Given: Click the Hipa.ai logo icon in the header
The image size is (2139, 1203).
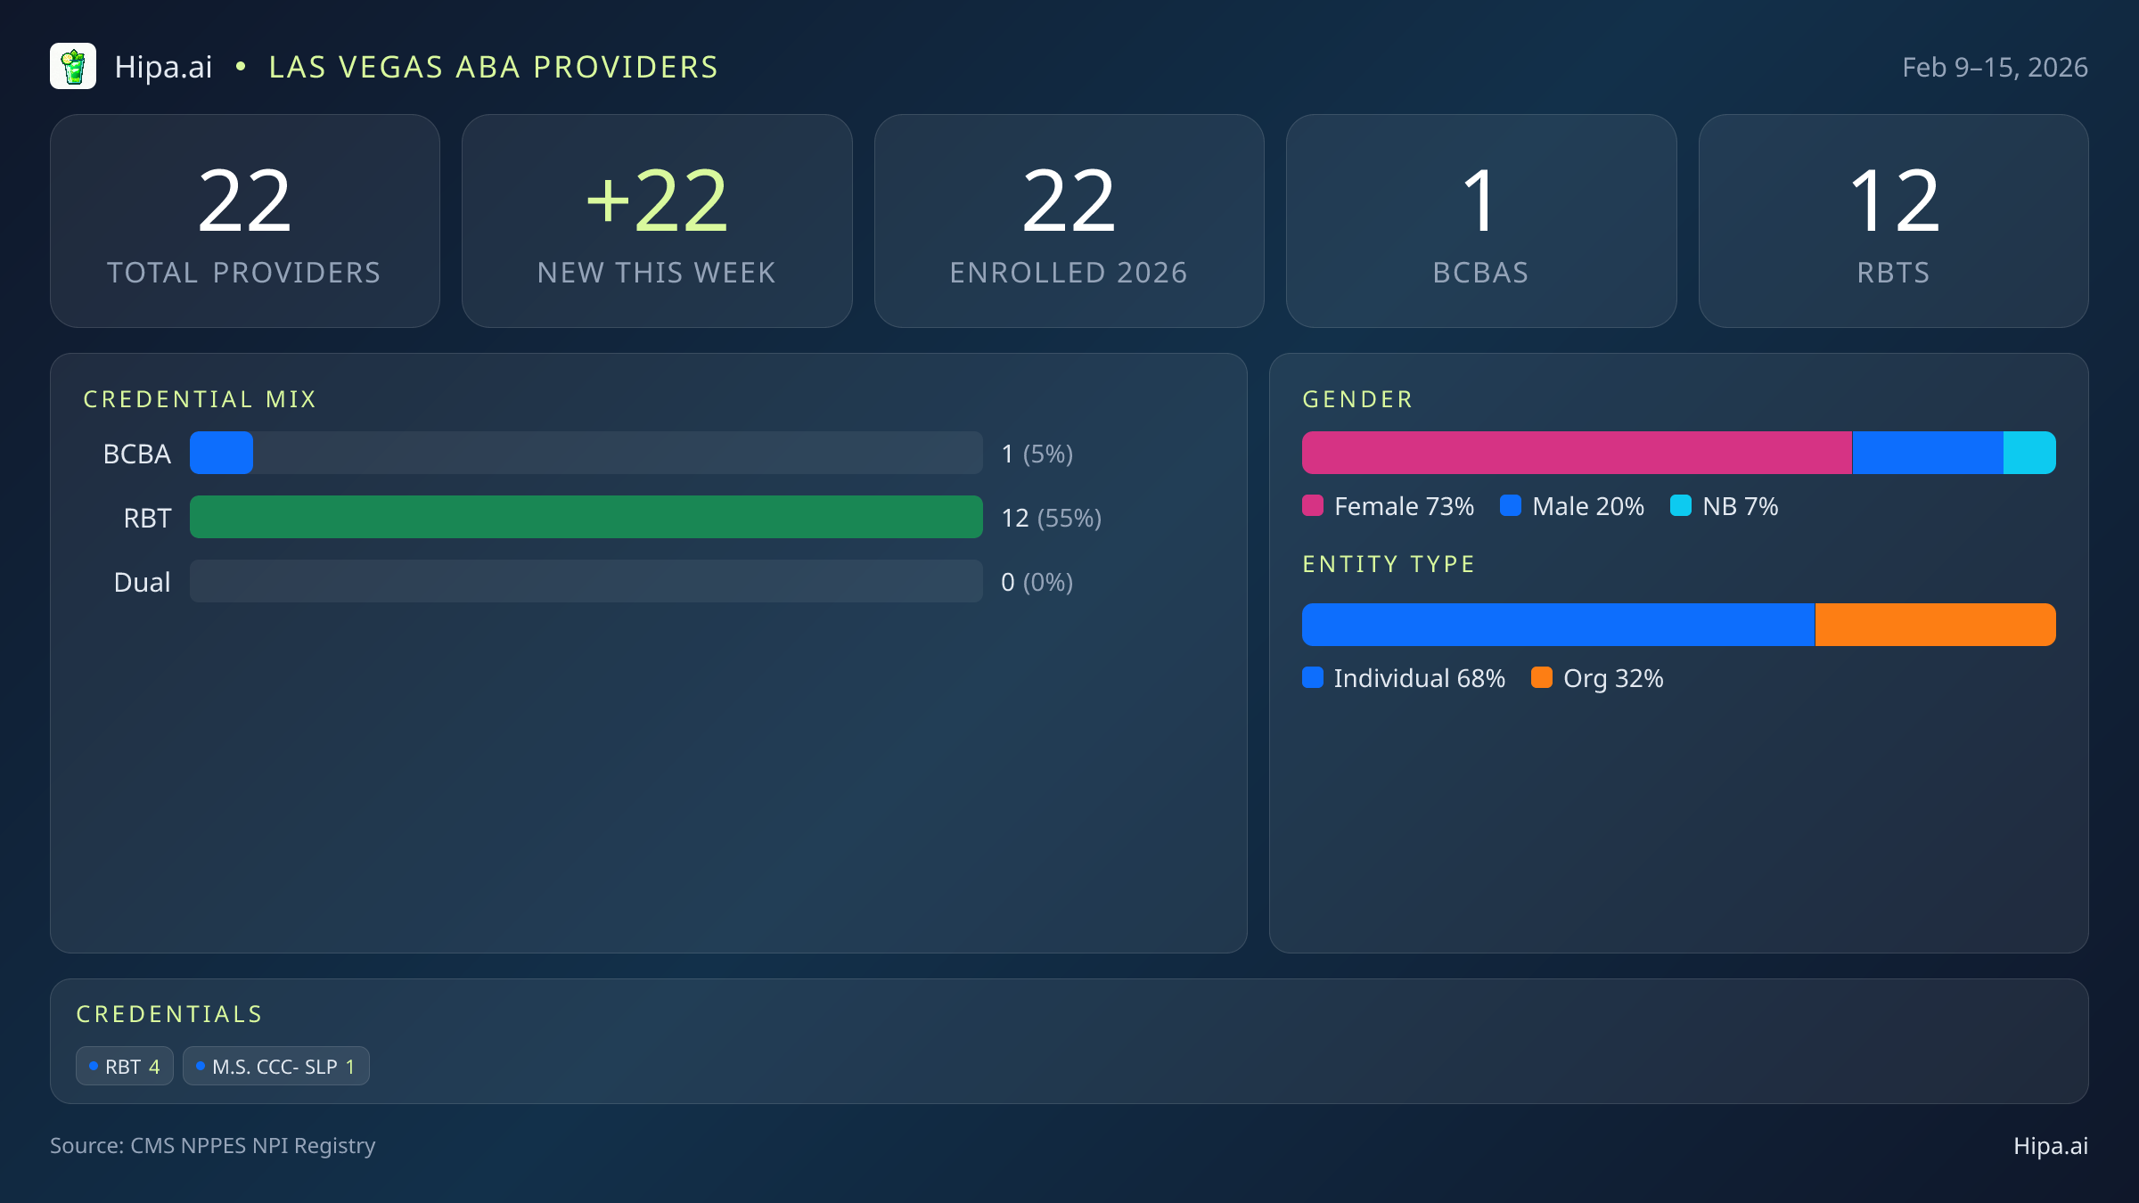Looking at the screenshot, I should [73, 67].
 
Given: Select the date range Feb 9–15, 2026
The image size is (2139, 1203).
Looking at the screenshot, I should [1995, 68].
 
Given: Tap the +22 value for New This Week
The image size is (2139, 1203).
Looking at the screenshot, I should [657, 201].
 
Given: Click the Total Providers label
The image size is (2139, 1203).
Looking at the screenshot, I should [244, 273].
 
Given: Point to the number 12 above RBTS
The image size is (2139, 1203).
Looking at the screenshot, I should [1893, 201].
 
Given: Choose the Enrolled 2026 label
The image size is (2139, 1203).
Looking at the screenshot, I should [1069, 273].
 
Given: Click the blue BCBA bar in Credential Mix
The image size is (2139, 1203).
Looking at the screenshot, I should [221, 453].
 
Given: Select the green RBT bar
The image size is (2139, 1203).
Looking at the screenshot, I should [586, 517].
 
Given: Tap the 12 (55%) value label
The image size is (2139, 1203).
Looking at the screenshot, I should [1052, 518].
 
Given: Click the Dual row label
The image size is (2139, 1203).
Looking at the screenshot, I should [142, 582].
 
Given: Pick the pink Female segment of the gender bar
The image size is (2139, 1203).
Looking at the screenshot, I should [1576, 453].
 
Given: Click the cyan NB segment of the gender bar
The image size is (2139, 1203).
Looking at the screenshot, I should [2029, 453].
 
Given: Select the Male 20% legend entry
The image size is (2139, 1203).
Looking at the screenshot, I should [1573, 506].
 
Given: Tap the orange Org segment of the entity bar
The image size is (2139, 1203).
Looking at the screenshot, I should [1935, 625].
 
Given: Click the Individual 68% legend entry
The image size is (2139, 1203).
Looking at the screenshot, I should [1405, 678].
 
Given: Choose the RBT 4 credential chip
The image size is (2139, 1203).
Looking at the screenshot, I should [125, 1067].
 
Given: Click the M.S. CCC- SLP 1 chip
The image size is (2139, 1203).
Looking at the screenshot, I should [276, 1067].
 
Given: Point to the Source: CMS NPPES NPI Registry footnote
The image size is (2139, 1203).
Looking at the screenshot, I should [212, 1145].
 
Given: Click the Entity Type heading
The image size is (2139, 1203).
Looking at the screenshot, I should [1389, 564].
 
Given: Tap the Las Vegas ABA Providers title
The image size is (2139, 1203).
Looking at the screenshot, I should [493, 68].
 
